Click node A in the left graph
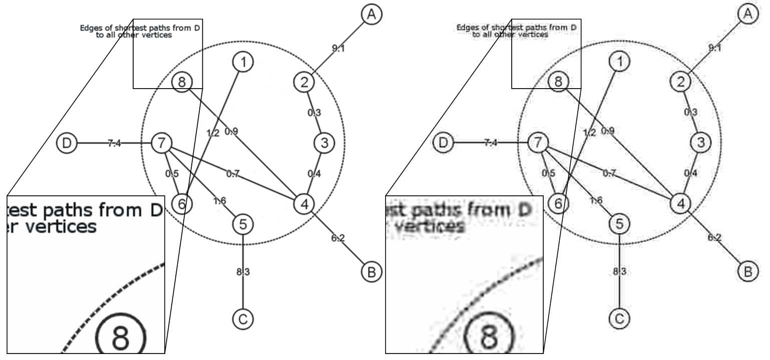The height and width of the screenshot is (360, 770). [370, 15]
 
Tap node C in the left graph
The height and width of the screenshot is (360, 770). [243, 318]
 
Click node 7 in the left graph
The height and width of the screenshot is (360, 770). [161, 143]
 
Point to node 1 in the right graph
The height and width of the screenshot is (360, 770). [620, 62]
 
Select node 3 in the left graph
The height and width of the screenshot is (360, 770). [324, 143]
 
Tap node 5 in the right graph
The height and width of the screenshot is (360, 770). [620, 224]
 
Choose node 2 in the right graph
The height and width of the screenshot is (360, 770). [680, 81]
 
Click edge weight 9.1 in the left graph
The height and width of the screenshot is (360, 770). [338, 49]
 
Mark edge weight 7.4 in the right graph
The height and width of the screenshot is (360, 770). [491, 144]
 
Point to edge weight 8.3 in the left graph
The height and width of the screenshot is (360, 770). [243, 272]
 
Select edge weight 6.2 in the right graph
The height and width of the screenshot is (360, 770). [714, 238]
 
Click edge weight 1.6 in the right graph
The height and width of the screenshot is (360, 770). [596, 200]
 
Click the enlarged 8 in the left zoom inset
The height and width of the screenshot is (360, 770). [121, 335]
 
